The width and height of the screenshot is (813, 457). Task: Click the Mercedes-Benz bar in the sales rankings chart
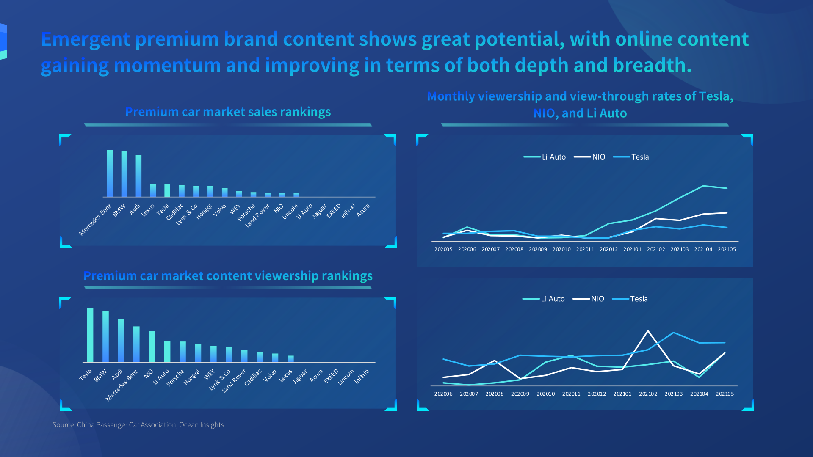click(x=110, y=173)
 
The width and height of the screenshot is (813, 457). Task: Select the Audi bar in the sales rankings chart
click(x=138, y=176)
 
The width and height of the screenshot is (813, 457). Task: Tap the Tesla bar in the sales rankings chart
click(x=167, y=190)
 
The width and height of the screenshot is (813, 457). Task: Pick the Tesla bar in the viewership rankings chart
click(x=90, y=335)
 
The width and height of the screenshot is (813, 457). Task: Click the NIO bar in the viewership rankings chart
click(x=152, y=347)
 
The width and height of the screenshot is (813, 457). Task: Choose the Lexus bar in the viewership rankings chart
click(x=290, y=359)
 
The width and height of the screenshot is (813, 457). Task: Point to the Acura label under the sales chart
click(x=363, y=210)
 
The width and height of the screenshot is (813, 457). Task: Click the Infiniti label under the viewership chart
click(x=362, y=376)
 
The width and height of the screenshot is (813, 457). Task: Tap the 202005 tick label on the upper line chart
click(x=443, y=249)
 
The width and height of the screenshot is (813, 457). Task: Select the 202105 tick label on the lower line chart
click(x=725, y=394)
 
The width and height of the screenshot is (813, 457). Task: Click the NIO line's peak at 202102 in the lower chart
click(x=648, y=331)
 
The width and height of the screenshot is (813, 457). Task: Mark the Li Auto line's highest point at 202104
click(x=703, y=186)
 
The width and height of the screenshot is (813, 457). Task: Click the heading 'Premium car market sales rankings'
click(x=228, y=112)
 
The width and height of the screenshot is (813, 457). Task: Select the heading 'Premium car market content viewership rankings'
click(x=228, y=276)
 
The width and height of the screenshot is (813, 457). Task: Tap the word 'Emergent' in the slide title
click(x=86, y=39)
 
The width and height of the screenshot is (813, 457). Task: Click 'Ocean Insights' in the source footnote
click(x=201, y=425)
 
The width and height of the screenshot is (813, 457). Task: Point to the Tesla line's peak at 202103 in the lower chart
click(x=674, y=333)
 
